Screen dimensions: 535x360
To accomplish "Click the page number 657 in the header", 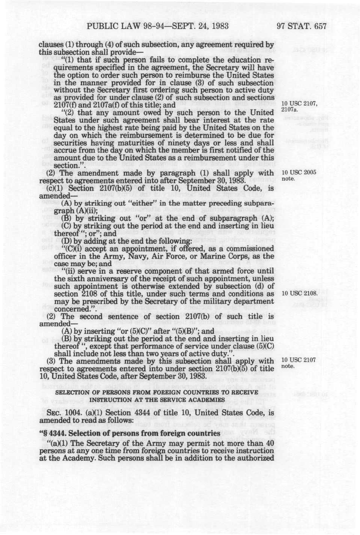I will pos(319,26).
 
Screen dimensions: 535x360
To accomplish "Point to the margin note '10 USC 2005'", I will pos(299,173).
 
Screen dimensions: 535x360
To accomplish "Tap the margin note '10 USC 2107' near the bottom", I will pos(299,360).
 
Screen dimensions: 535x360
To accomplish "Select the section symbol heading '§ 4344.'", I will pos(54,433).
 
